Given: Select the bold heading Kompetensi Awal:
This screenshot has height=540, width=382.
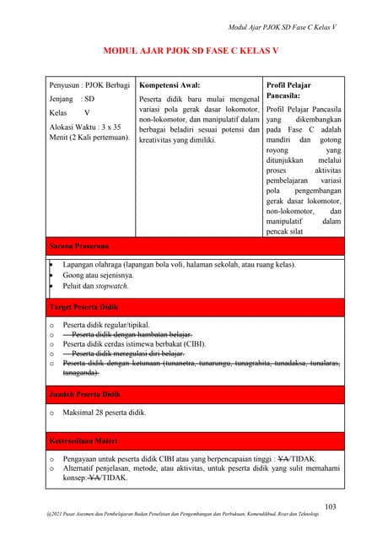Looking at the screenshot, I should pos(169,86).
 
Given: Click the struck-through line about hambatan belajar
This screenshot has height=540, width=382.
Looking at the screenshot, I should pos(126,334).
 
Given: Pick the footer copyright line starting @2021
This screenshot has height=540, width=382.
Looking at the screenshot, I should pos(191,514).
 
